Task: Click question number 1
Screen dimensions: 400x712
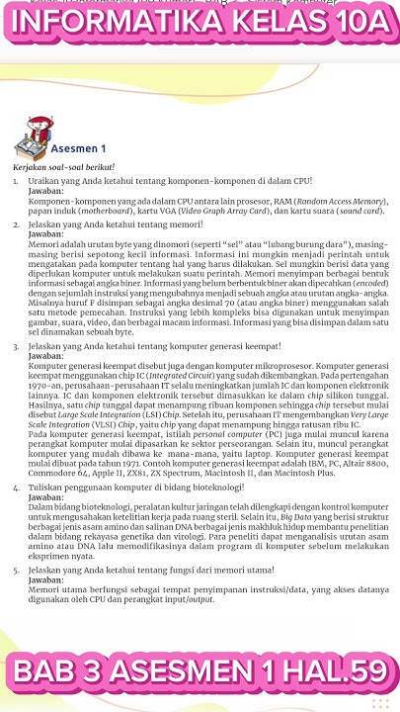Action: coord(17,182)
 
